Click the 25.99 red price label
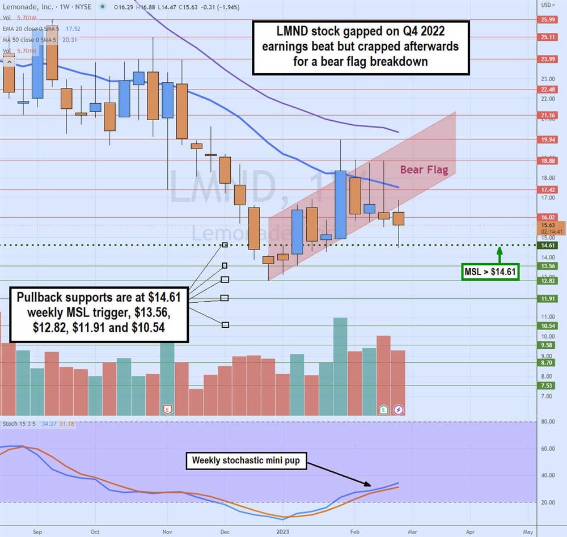(x=548, y=19)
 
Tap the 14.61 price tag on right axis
(x=548, y=245)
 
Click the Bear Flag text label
(x=424, y=169)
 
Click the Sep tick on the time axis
(x=37, y=531)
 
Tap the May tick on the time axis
(x=527, y=531)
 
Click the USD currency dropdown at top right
(x=549, y=5)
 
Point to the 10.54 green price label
(x=548, y=325)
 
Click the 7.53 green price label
(x=548, y=386)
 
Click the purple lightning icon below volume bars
(x=399, y=409)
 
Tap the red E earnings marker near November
(x=167, y=409)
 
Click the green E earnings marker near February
(x=384, y=409)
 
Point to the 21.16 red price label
(x=548, y=115)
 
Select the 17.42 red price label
(x=548, y=189)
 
